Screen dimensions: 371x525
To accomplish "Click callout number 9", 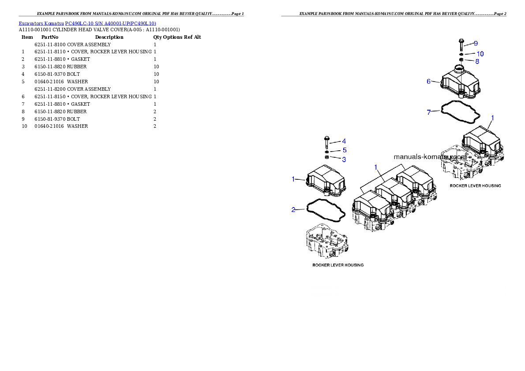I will click(476, 43).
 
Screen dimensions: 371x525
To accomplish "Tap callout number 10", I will click(480, 54).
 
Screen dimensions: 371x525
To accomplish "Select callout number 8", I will click(477, 61).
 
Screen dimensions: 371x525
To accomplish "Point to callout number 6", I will click(428, 81).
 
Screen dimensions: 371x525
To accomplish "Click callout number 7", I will click(428, 112).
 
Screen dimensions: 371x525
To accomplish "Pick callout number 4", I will click(344, 141).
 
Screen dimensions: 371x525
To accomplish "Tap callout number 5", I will click(345, 150).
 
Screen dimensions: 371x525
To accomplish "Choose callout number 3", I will click(344, 159).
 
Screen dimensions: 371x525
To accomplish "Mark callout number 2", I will click(293, 209).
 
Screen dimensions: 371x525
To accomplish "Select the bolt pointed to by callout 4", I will click(326, 143).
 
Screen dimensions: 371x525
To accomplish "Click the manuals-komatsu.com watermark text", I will click(430, 156).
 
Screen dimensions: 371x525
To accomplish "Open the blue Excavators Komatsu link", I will click(87, 23).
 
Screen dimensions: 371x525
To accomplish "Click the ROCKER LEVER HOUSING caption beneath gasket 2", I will click(337, 265).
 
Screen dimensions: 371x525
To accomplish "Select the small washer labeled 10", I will click(461, 54).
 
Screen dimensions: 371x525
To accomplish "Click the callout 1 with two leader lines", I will click(376, 167).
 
